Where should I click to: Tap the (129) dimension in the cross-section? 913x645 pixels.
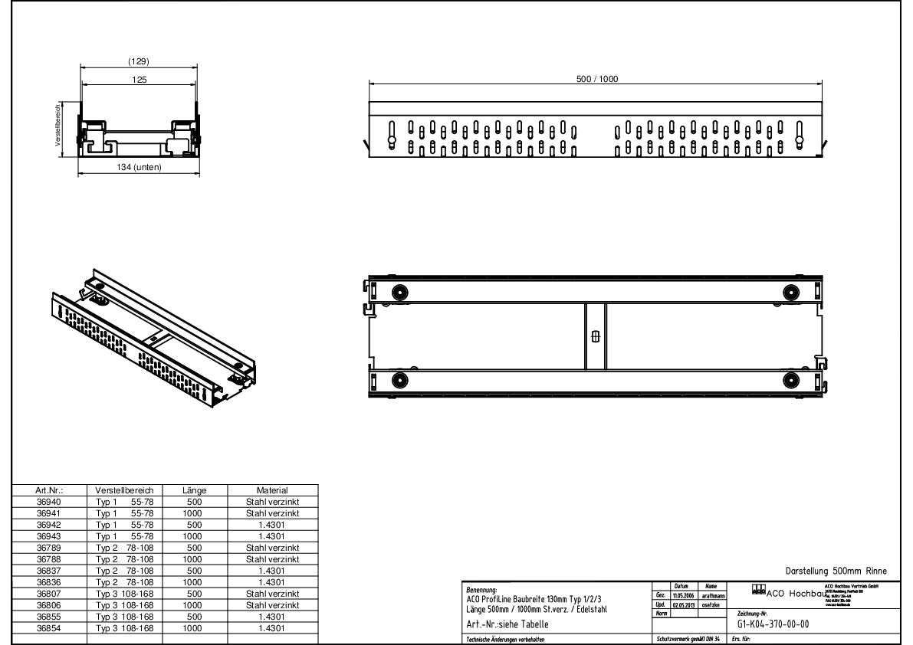pyautogui.click(x=138, y=62)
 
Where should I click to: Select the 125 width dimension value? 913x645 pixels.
pyautogui.click(x=138, y=79)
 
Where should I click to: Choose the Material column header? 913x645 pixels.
pyautogui.click(x=272, y=489)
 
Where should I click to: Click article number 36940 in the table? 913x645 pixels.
pyautogui.click(x=48, y=502)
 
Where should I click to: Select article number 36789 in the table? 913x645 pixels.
pyautogui.click(x=48, y=548)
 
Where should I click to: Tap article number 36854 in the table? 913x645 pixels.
pyautogui.click(x=48, y=628)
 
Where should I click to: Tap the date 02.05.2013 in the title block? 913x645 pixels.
pyautogui.click(x=683, y=604)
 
